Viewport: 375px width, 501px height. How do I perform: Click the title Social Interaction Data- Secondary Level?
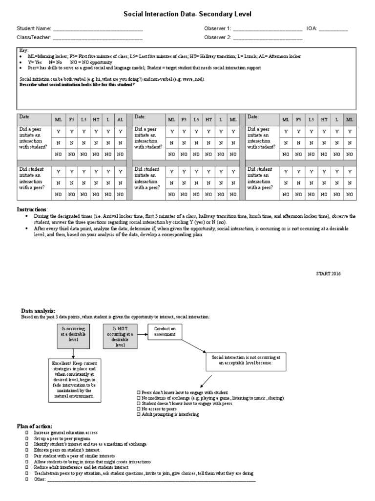187,15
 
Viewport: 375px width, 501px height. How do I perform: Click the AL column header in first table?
120,120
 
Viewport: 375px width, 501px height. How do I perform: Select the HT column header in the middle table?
208,120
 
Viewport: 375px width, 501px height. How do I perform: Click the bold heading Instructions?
32,209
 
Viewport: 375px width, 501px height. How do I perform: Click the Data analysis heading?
38,311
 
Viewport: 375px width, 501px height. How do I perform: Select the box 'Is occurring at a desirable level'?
73,336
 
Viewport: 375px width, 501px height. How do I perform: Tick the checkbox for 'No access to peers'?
139,409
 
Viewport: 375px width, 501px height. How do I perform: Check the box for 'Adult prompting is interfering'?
139,414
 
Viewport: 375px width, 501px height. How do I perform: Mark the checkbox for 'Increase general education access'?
27,433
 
